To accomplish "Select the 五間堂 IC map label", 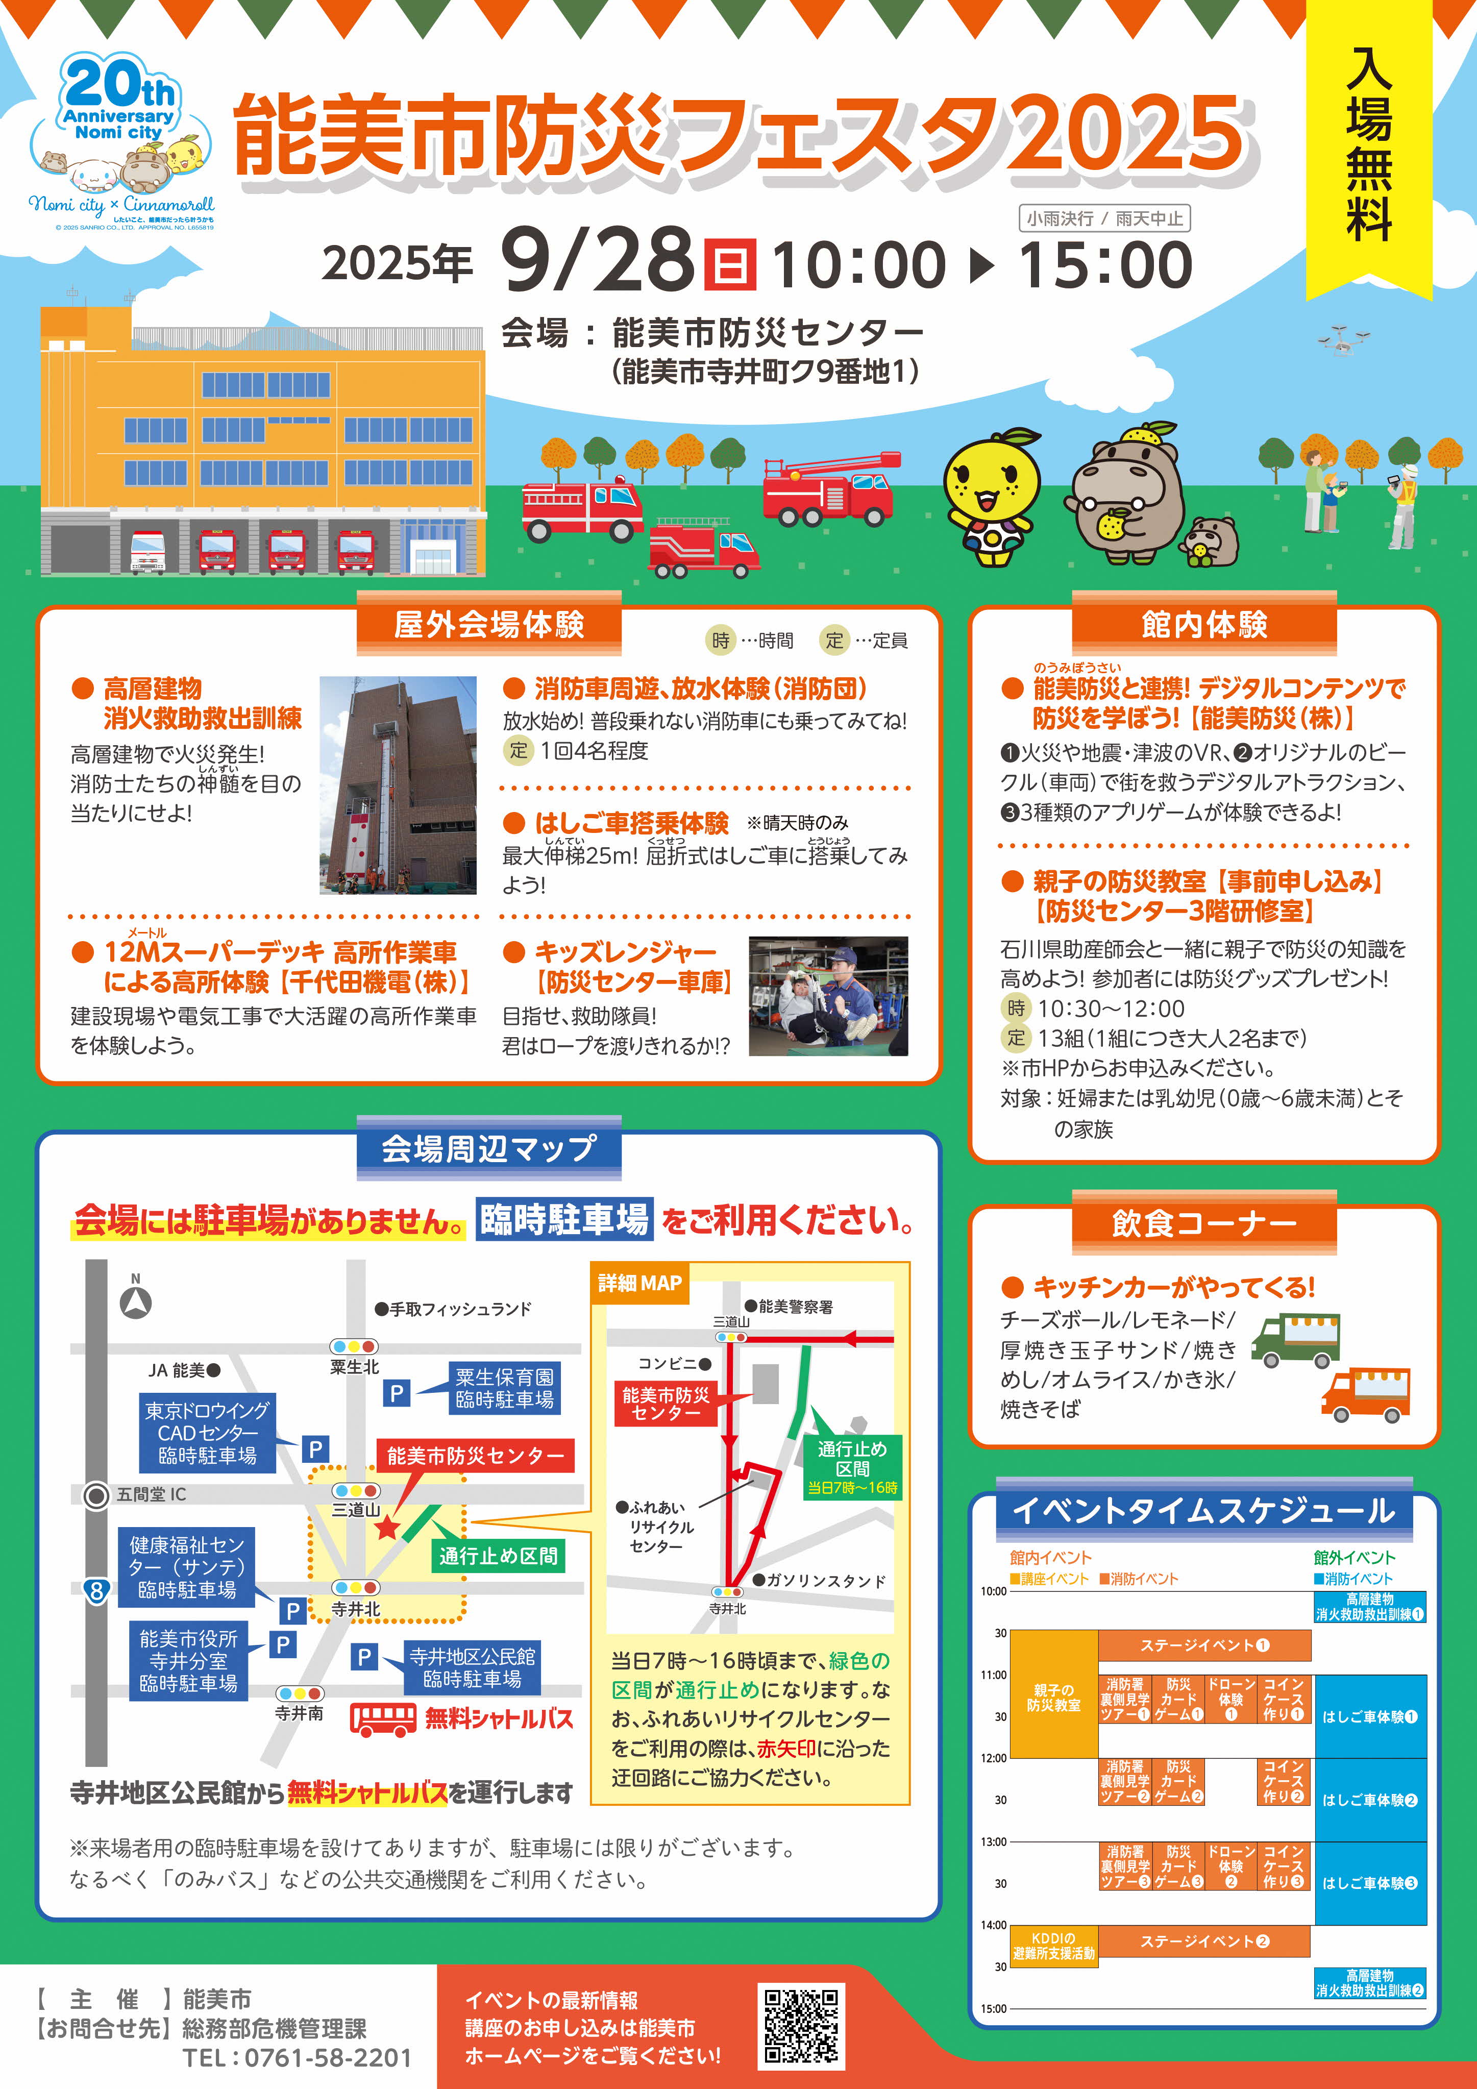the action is pyautogui.click(x=151, y=1495).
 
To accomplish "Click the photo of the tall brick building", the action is pyautogui.click(x=398, y=785).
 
